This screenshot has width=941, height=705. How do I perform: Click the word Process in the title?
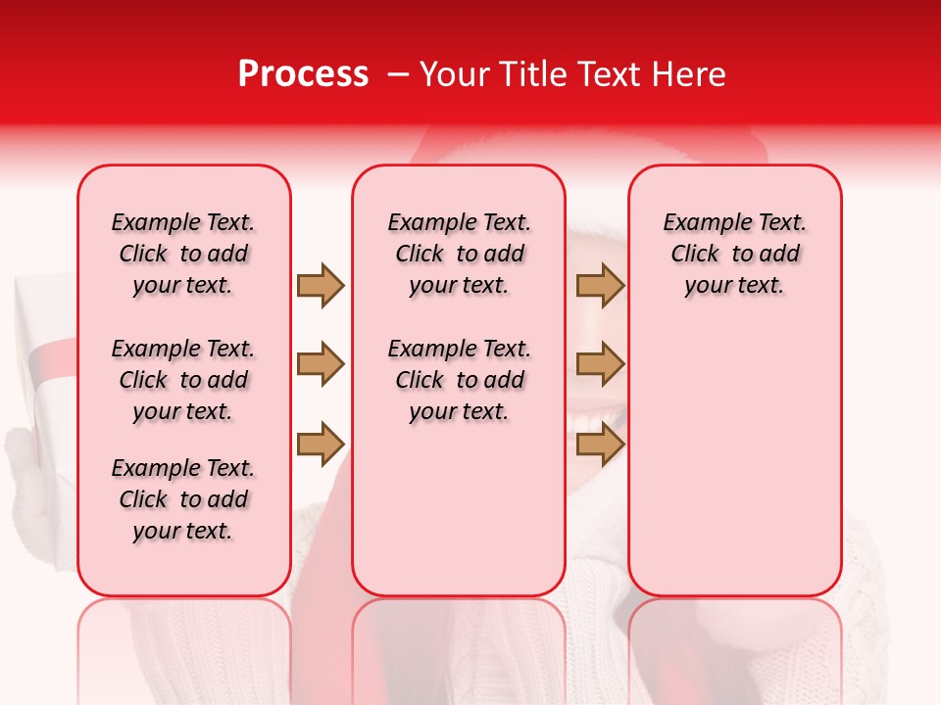[303, 74]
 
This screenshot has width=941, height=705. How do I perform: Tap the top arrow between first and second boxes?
[321, 285]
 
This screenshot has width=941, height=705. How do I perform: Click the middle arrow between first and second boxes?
[321, 365]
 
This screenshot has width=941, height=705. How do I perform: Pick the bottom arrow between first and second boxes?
[321, 446]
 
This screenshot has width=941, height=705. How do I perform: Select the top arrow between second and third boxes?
[600, 285]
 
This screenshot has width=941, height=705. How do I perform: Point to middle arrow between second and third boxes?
[600, 365]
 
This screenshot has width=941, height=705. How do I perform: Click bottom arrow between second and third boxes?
[600, 446]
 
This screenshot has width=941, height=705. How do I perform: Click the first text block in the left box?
[183, 254]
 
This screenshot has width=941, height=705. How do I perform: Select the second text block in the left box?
[183, 380]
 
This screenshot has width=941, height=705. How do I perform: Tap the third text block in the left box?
[183, 499]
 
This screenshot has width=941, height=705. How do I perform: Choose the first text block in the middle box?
[459, 254]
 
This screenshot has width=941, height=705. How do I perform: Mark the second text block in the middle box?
[459, 380]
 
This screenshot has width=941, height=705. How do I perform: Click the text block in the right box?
[734, 254]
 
